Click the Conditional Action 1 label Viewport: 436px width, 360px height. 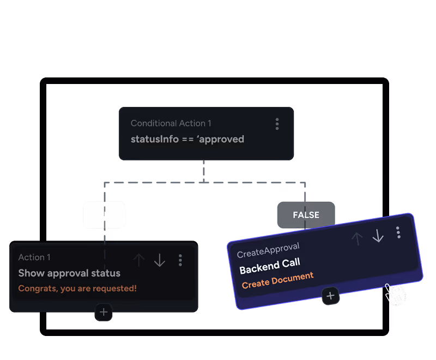[171, 124]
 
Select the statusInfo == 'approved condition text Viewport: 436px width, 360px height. [187, 139]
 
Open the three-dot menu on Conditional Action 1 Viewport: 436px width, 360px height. [277, 124]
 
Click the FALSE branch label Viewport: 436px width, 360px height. [306, 215]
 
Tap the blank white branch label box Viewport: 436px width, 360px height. [104, 215]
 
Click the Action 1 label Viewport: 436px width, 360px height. [34, 257]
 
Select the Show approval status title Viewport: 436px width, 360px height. [69, 273]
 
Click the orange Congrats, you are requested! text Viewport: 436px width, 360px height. [77, 289]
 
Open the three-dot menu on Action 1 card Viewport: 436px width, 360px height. [180, 260]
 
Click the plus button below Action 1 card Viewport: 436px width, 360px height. [104, 313]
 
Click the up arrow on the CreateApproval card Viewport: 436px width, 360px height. [357, 238]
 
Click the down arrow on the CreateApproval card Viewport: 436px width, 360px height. [378, 236]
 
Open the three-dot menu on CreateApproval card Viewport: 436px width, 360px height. [398, 232]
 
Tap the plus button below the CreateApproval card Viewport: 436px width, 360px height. [330, 296]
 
